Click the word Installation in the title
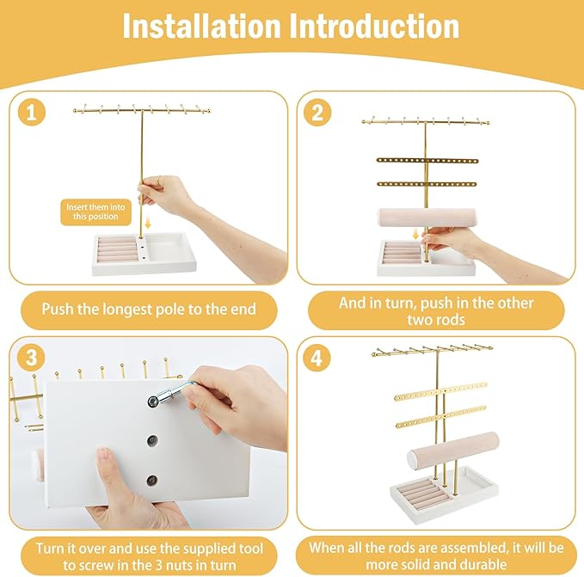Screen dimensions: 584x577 201,26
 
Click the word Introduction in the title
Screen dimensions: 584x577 374,26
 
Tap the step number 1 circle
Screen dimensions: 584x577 32,112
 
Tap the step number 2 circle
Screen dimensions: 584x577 317,112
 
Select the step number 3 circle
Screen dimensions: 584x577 32,358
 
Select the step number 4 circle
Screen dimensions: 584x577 317,358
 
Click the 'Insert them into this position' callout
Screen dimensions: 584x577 95,212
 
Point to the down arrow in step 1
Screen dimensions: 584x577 148,223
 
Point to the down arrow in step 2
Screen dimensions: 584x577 415,234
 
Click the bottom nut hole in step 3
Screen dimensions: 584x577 152,481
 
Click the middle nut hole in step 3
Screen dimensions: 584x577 152,440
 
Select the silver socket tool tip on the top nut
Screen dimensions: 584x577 154,401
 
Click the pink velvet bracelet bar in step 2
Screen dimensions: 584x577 427,218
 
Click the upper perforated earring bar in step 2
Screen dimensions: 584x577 427,161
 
